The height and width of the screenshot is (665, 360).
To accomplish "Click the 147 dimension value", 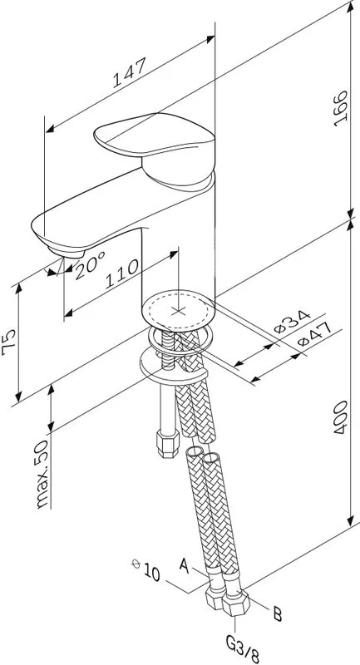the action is [x=130, y=72].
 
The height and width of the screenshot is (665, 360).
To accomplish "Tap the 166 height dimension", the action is [x=341, y=108].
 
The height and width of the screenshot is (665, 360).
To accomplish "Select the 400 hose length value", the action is [x=341, y=417].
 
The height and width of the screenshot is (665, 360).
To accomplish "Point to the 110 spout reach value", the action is [x=121, y=274].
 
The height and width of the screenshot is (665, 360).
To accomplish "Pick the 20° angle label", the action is [x=90, y=265].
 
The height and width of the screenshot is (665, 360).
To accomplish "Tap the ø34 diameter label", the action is [x=293, y=322].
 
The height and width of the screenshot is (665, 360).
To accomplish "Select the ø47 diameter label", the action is [x=313, y=335].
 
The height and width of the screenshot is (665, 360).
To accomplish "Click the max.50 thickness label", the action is [x=43, y=473].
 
